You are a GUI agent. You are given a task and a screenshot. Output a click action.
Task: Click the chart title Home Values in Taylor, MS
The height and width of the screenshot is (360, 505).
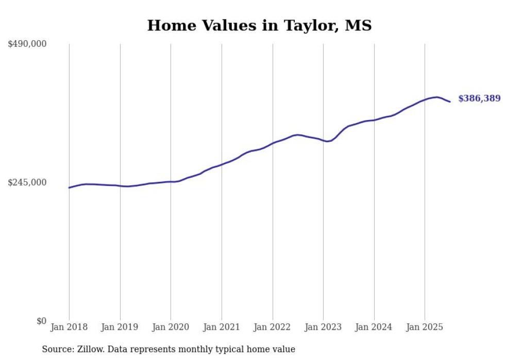coord(259,26)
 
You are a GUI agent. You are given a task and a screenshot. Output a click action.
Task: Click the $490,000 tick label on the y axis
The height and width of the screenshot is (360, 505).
coord(27,44)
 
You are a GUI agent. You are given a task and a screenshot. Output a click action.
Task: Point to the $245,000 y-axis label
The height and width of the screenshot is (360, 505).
coord(27,182)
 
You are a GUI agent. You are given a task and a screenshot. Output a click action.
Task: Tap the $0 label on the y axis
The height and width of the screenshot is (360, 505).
coord(41,321)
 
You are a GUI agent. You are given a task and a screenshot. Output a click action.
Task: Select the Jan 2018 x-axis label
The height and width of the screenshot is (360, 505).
coord(69,327)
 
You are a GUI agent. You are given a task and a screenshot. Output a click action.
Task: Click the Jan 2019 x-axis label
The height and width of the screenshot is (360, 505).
coord(120,327)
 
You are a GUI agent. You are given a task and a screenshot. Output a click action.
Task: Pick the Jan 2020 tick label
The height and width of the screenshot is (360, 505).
coord(171,327)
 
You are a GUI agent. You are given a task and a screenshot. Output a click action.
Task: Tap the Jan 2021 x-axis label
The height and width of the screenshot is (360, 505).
coord(222,327)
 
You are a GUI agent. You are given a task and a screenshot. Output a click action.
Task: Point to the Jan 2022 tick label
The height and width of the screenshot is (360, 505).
coord(273,327)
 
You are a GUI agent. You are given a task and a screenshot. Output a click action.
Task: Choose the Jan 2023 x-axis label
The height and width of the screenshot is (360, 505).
coord(323,327)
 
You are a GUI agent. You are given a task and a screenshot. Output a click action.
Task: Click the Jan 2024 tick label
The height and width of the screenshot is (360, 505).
coord(374,327)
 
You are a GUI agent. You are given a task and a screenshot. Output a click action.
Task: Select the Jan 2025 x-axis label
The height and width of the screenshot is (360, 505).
coord(425,327)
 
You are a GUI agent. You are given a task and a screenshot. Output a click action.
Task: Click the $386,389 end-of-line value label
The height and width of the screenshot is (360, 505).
coord(479,98)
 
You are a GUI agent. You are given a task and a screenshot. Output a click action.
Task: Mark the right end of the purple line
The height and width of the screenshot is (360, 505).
coord(450,101)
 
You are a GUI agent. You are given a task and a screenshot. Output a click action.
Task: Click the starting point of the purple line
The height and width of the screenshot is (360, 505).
coord(69,187)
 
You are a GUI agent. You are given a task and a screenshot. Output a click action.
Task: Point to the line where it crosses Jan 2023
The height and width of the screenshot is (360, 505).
coord(323,140)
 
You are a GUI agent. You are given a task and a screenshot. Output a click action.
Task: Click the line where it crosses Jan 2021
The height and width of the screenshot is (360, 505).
coord(222,165)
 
